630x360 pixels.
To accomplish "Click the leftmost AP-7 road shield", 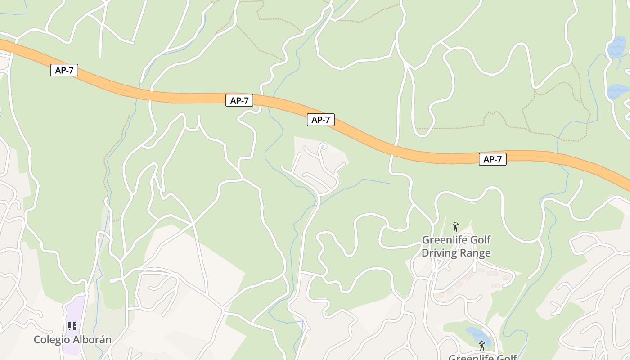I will click(x=64, y=70).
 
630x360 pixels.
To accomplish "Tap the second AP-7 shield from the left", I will click(x=239, y=100).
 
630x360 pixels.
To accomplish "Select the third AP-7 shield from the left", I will click(x=321, y=120).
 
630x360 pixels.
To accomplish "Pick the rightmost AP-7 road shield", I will click(x=492, y=159).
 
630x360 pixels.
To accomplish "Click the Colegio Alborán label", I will click(x=72, y=339).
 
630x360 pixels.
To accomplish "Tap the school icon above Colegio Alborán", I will click(x=72, y=326).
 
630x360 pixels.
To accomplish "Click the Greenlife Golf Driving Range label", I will click(x=456, y=246).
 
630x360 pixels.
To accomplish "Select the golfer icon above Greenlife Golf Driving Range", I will click(x=455, y=227).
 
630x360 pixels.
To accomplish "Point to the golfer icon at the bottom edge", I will click(x=482, y=346).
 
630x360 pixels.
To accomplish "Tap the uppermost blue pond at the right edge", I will click(x=616, y=47).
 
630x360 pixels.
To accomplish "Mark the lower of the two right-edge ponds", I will click(x=618, y=91).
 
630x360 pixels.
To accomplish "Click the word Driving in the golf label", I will click(x=439, y=253).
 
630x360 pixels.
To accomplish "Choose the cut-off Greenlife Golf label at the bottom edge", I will click(x=482, y=357).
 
